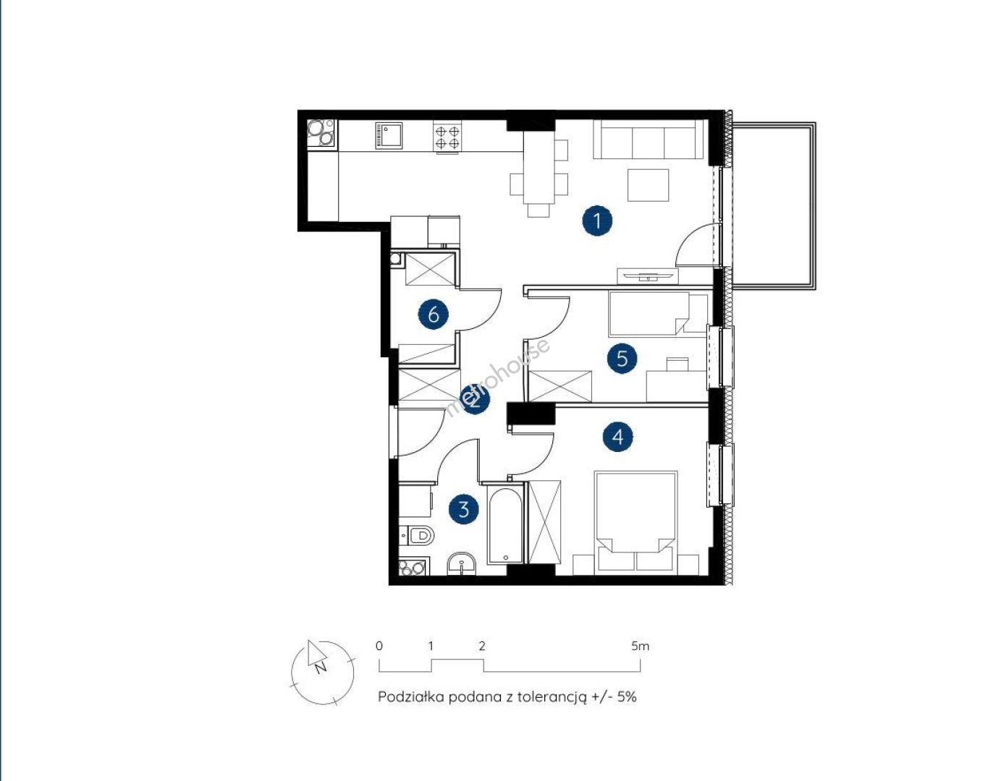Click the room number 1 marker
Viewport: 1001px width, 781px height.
click(x=597, y=221)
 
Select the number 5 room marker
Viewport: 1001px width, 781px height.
click(x=622, y=358)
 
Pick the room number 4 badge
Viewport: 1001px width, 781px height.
click(x=617, y=436)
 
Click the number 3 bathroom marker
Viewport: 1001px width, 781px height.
click(x=464, y=510)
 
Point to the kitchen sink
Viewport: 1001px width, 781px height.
click(x=389, y=135)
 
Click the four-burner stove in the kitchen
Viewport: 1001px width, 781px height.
click(x=447, y=137)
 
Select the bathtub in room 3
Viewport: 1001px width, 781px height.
click(x=505, y=525)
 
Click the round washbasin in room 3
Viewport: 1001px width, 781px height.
click(x=462, y=564)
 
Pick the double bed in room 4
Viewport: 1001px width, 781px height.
click(x=635, y=523)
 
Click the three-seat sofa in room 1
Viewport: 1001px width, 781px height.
click(x=647, y=140)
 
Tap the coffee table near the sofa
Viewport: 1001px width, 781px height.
click(x=648, y=185)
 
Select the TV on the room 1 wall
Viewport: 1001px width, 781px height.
click(x=647, y=276)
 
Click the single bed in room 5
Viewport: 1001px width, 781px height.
click(x=658, y=314)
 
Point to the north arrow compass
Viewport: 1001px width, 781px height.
click(x=323, y=673)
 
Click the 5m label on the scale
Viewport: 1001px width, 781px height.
click(x=641, y=646)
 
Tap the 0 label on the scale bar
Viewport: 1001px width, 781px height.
click(x=379, y=646)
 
